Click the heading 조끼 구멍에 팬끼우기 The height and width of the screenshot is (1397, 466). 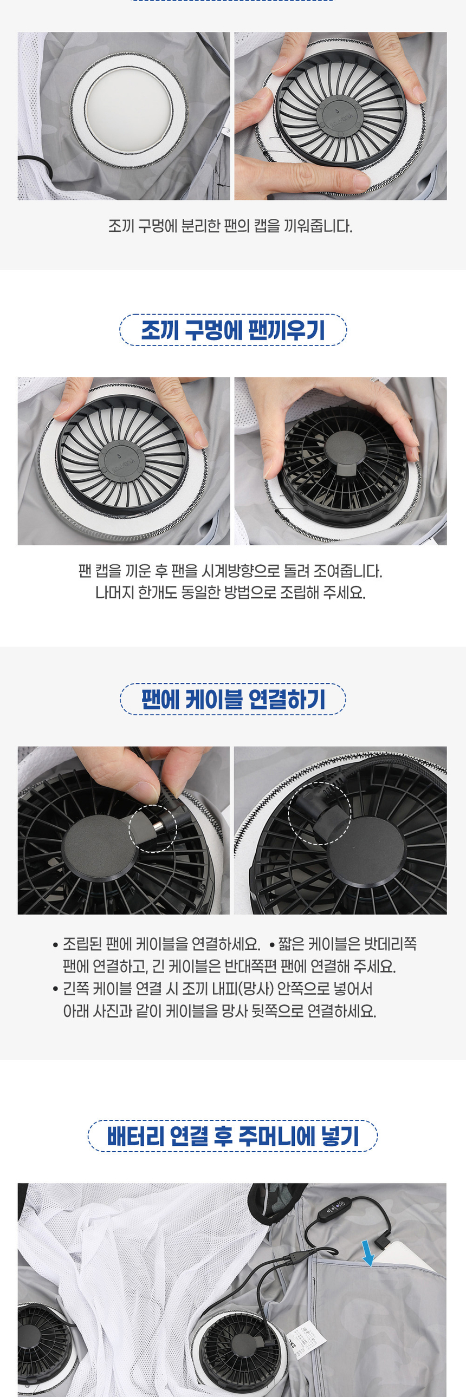click(x=232, y=330)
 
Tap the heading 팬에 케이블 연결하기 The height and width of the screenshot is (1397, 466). click(x=232, y=699)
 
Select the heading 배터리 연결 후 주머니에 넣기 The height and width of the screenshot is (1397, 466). click(x=232, y=1135)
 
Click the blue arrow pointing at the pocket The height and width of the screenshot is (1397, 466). click(x=368, y=1253)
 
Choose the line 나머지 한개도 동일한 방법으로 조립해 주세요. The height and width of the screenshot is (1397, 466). click(x=230, y=593)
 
